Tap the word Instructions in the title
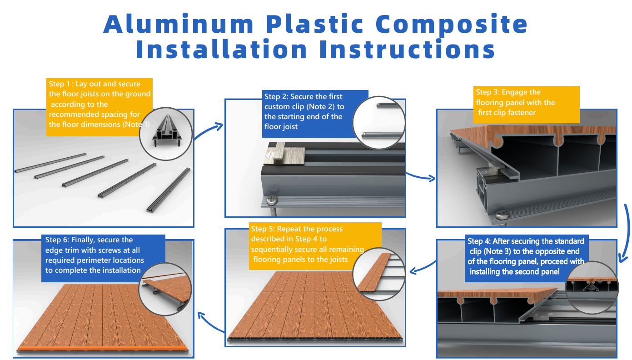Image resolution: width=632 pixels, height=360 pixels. coord(408,49)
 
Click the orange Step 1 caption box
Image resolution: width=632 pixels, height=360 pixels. coord(100,107)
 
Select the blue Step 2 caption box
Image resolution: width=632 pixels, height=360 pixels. coord(315,114)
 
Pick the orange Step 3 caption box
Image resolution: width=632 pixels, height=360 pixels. coord(527,105)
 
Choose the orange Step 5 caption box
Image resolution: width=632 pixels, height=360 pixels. coord(315,246)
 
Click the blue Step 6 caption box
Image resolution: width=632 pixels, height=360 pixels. coord(103,258)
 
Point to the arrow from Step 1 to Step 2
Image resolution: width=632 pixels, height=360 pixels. coord(208,130)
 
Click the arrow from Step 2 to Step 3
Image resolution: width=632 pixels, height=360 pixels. coord(420,177)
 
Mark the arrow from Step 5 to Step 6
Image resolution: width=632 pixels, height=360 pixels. coord(211,323)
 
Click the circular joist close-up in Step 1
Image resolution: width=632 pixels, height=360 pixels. coord(166,134)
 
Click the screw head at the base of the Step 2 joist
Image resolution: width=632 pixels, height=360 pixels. coord(272,200)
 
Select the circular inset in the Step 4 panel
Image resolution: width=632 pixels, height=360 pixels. coord(592,287)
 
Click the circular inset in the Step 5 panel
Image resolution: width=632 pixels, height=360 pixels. coord(379,274)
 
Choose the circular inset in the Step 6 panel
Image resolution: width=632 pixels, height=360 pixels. coord(165,289)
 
